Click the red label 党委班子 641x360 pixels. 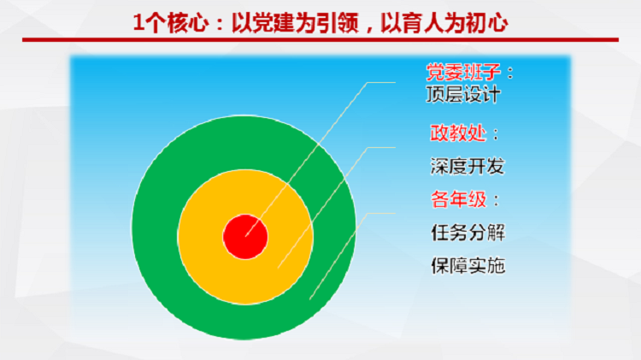(x=463, y=73)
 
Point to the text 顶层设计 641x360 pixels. (x=462, y=95)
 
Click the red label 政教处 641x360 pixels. (x=458, y=133)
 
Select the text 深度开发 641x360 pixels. (x=468, y=166)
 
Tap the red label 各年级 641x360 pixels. (x=459, y=199)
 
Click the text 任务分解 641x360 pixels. (x=468, y=233)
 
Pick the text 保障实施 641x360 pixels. (x=468, y=265)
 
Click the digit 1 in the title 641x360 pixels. (x=139, y=22)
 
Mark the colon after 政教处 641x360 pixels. (x=497, y=133)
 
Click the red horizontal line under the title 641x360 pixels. (x=320, y=39)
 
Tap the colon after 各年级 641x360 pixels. (x=497, y=200)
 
